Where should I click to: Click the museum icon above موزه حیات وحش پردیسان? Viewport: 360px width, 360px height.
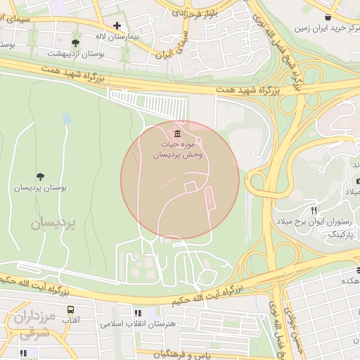tap(176, 134)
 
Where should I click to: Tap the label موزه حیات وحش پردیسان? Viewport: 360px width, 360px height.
tap(180, 150)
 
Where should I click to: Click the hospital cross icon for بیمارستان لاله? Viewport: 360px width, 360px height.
tap(117, 25)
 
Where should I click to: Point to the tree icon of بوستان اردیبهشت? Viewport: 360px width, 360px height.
tap(76, 43)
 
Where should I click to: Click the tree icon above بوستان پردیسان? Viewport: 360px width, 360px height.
tap(39, 176)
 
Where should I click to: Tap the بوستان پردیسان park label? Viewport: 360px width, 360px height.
tap(40, 188)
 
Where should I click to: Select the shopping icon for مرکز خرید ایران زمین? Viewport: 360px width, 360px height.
tap(328, 16)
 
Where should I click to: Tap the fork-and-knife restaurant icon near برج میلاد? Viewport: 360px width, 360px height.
tap(314, 210)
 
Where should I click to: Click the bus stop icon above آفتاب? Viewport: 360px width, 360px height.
tap(70, 309)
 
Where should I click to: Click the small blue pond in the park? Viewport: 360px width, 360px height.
tap(66, 119)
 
